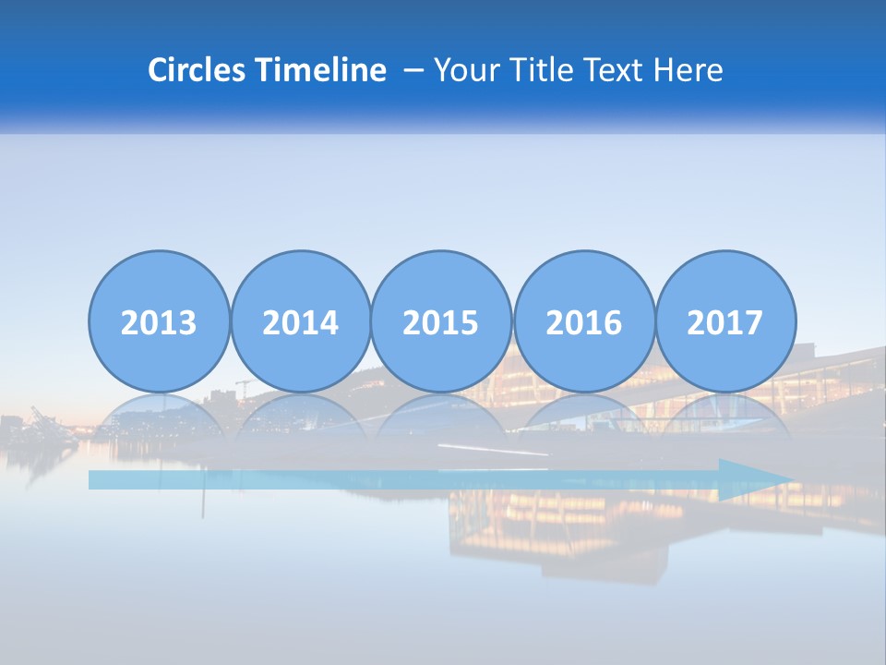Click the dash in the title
[x=413, y=71]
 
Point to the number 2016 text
[x=583, y=323]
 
